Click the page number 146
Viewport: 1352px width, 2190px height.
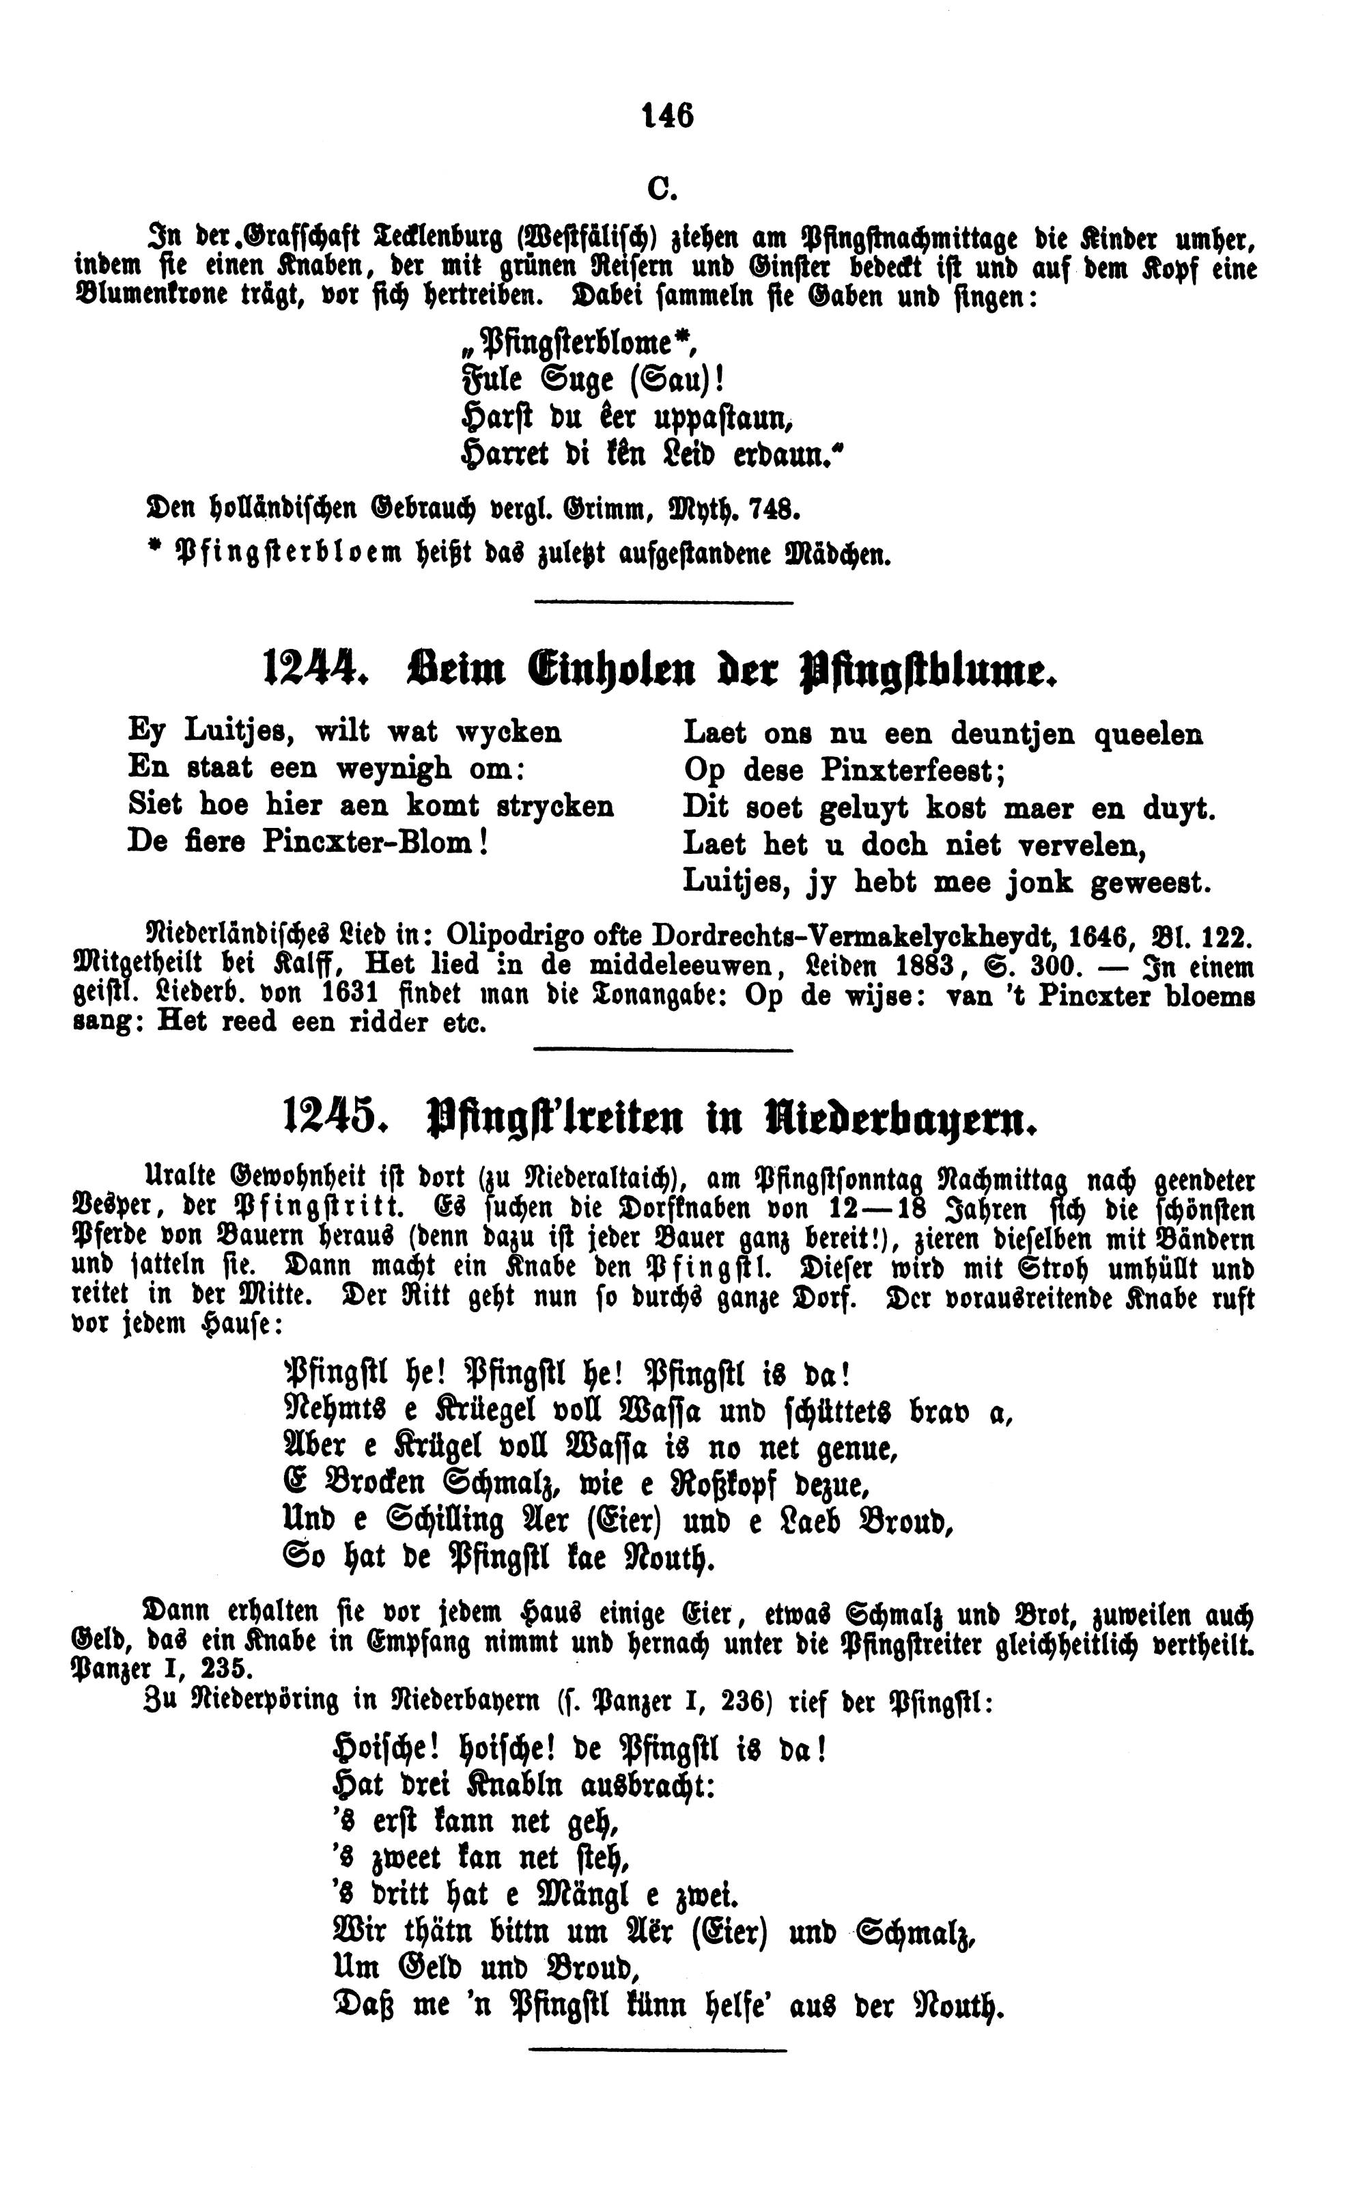[667, 115]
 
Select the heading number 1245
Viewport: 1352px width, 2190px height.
[329, 1117]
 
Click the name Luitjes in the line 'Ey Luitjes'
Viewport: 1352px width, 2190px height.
[234, 732]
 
